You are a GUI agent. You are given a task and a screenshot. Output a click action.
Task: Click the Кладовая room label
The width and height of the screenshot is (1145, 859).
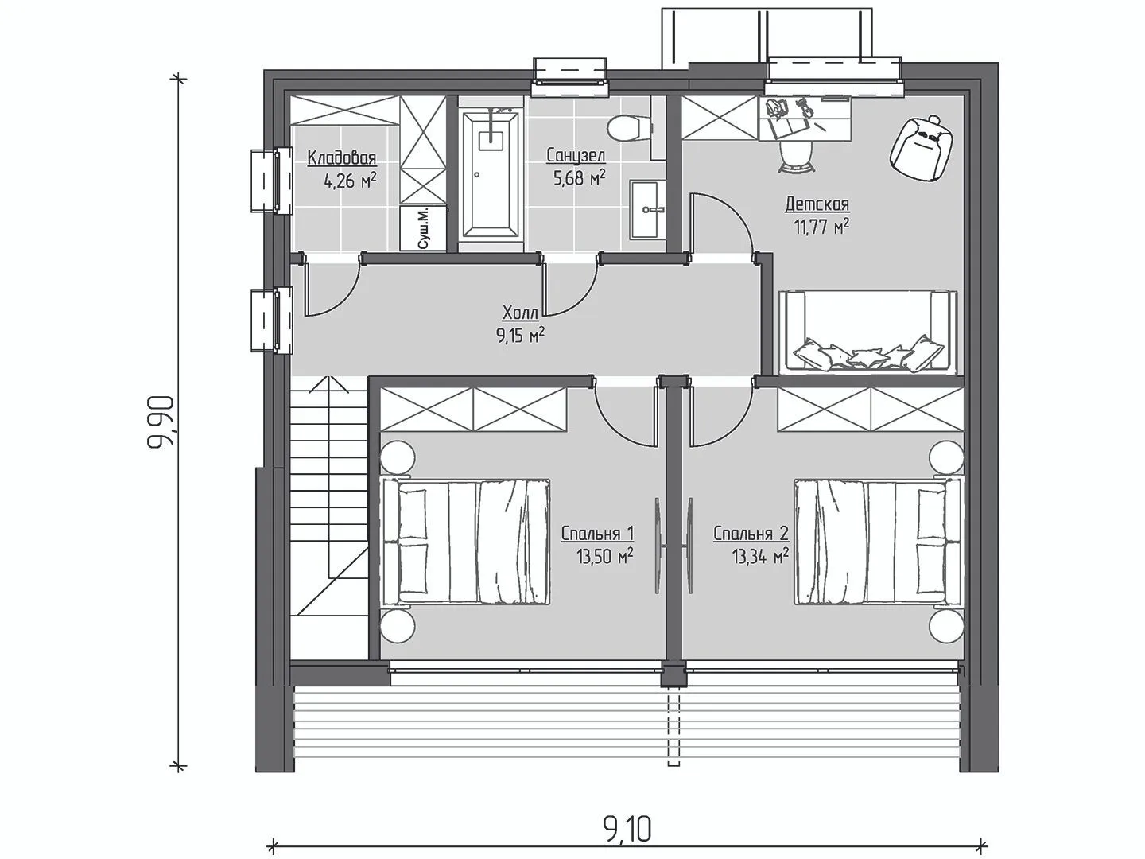tap(342, 157)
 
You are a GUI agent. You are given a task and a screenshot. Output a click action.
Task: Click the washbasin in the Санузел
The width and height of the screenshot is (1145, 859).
tap(647, 210)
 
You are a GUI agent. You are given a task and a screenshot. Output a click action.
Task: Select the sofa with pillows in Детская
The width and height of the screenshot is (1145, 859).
tap(868, 332)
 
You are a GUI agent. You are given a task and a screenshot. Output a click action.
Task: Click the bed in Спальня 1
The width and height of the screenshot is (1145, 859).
tap(466, 542)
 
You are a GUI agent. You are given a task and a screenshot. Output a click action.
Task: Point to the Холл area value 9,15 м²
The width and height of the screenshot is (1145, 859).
tap(520, 335)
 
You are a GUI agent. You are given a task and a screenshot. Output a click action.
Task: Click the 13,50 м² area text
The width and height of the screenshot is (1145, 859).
tap(605, 557)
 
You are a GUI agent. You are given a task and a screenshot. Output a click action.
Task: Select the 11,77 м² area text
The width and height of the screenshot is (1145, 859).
tap(821, 227)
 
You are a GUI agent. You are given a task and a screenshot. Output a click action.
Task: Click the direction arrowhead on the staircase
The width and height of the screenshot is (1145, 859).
tap(328, 384)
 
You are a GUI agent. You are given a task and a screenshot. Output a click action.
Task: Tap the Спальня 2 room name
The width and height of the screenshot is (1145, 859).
tap(751, 534)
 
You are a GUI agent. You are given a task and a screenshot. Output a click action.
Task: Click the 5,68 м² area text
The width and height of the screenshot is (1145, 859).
tap(579, 178)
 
